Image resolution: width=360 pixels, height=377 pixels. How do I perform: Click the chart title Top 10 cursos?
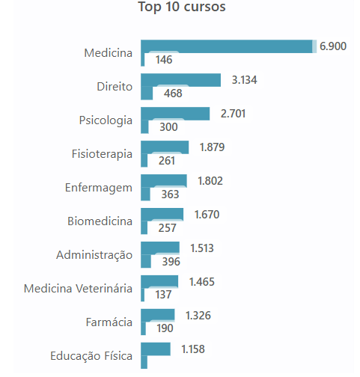coord(182,7)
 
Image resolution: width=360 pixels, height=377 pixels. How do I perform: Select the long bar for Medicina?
coord(227,46)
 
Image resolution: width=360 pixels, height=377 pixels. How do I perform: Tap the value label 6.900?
coord(333,46)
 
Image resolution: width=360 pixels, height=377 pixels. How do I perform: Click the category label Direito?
coord(115,87)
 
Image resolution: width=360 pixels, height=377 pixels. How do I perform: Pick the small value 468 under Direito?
coord(173,94)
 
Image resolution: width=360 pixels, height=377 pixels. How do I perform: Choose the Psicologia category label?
coord(106,120)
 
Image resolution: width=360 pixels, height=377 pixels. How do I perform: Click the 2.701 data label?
coord(233,114)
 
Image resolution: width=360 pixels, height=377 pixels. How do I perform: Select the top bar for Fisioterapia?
coord(165,147)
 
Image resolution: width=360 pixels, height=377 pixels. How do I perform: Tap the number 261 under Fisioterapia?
coord(167,161)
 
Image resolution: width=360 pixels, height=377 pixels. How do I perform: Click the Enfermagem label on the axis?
coord(99,188)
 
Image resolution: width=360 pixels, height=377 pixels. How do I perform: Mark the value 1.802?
coord(210,181)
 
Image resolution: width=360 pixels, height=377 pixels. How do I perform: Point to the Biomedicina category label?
coord(100,221)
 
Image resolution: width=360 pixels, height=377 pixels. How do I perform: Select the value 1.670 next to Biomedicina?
coord(207,215)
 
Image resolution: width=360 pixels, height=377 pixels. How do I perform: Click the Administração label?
coord(94,255)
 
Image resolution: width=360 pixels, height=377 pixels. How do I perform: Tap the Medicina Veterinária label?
coord(78,289)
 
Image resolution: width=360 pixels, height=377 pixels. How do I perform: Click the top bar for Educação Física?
coord(156,349)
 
